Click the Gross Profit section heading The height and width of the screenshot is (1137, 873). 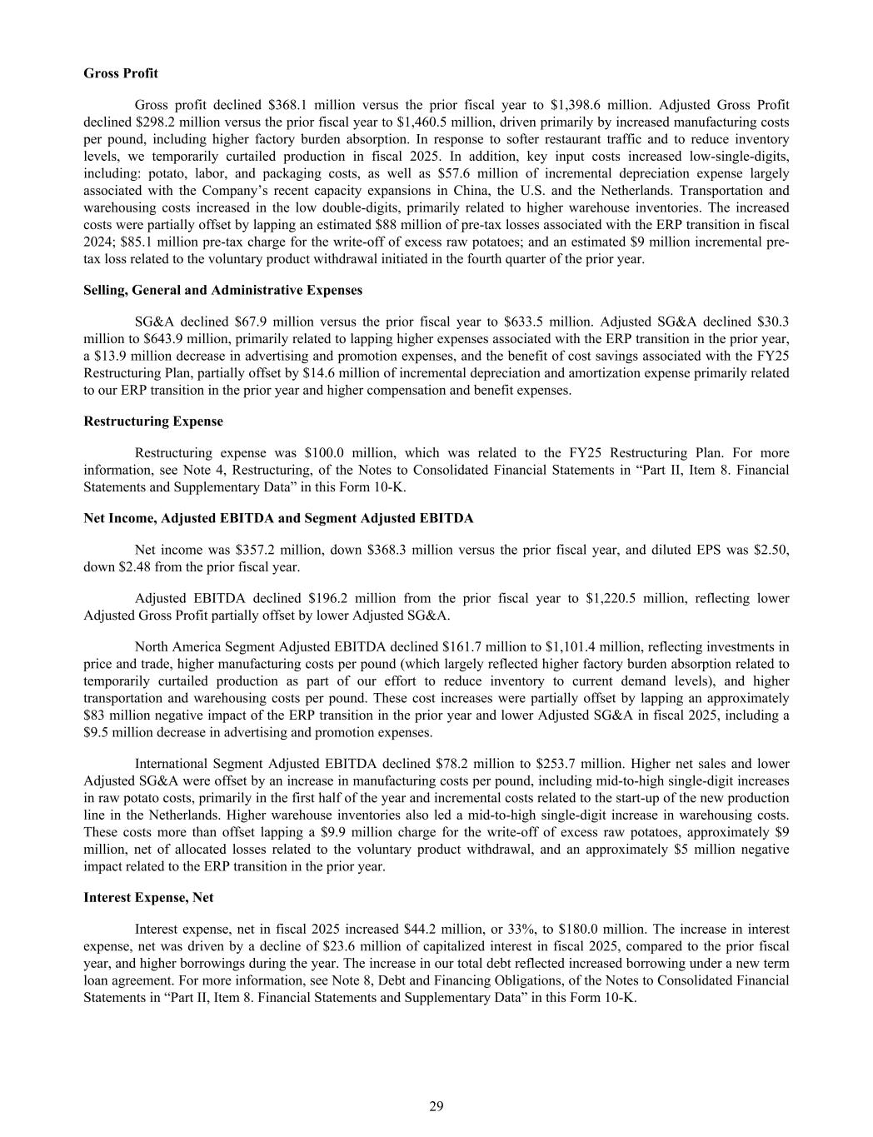[121, 73]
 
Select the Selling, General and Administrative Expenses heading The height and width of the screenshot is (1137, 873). [223, 291]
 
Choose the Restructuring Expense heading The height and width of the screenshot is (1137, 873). [153, 421]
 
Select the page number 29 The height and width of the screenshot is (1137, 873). [436, 1106]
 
